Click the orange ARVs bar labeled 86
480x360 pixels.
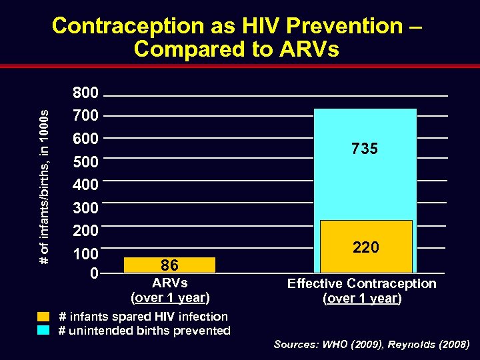click(x=170, y=265)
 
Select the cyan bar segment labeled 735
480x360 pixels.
click(x=365, y=163)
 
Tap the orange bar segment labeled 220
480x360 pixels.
click(x=365, y=246)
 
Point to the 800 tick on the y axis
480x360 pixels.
click(x=85, y=93)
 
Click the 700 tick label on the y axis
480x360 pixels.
click(x=85, y=116)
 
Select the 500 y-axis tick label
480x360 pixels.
click(x=85, y=162)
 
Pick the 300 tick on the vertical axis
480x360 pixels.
click(x=85, y=208)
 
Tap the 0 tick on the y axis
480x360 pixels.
click(x=94, y=273)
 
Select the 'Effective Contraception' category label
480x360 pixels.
click(x=361, y=283)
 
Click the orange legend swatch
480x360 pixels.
click(x=44, y=317)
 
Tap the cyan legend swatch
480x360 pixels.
click(x=44, y=330)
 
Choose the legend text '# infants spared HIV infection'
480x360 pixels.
click(x=143, y=317)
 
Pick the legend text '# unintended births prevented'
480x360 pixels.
click(x=145, y=330)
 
